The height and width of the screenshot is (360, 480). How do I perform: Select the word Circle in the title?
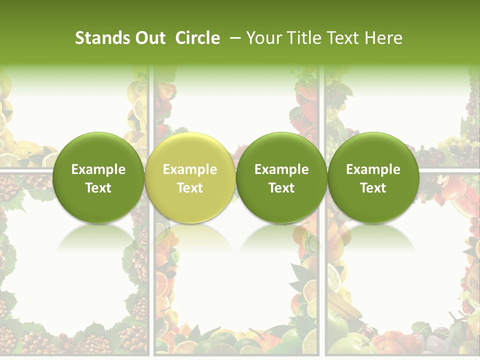coord(197,38)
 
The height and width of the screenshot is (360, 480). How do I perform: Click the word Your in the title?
coord(262,38)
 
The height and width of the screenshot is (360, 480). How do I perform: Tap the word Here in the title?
coord(383,38)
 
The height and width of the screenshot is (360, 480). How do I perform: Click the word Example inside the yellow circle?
coord(190,169)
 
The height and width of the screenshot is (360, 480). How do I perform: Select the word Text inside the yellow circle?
coord(190,188)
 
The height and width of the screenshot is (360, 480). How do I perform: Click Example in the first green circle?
coord(98,169)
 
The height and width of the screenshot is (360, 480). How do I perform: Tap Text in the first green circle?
coord(98,188)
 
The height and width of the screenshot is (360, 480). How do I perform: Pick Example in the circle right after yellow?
coord(281,169)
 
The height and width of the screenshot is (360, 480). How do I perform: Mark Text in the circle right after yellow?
coord(281,188)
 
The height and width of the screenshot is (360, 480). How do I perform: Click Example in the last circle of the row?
coord(373,169)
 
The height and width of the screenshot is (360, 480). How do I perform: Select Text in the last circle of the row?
coord(373,188)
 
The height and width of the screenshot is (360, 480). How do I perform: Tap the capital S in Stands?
coord(79,38)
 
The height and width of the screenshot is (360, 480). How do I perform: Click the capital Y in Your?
coord(250,38)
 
